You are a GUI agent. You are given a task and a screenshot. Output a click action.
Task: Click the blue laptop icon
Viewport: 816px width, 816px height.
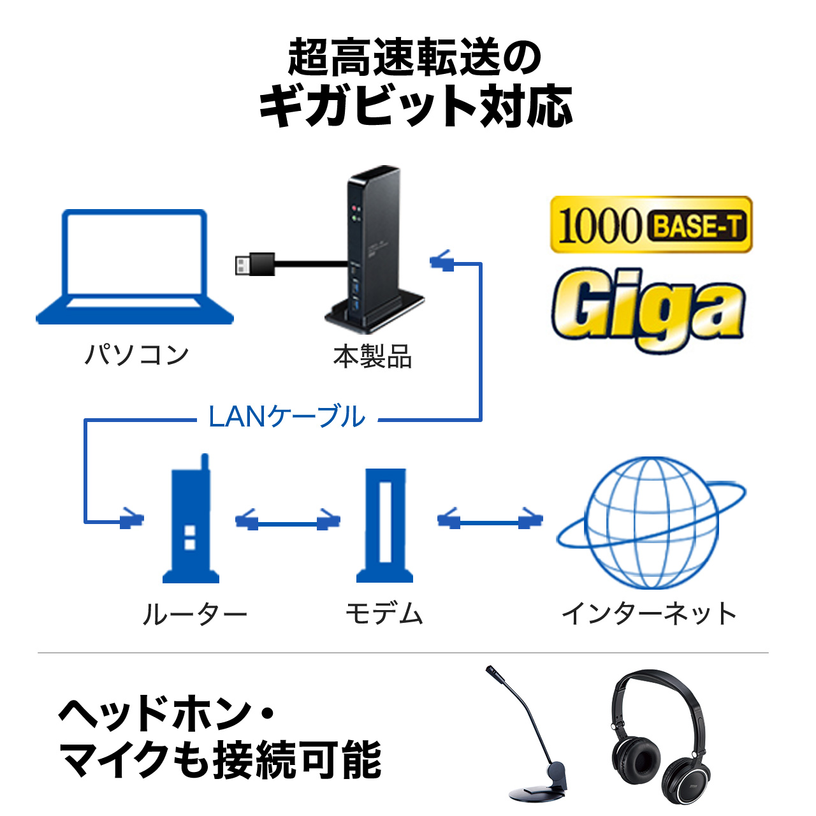click(135, 268)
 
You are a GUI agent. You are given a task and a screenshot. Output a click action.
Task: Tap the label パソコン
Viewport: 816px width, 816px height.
click(137, 354)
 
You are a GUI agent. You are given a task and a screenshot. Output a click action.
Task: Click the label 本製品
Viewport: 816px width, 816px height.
click(373, 356)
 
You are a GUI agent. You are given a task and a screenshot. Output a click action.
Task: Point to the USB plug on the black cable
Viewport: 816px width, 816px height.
click(254, 264)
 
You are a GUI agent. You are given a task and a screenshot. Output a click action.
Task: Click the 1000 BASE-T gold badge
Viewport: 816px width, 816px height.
click(651, 225)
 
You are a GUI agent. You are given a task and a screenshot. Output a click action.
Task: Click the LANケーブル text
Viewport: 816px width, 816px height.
click(287, 417)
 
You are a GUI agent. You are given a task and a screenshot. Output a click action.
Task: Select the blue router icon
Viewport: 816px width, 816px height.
click(191, 523)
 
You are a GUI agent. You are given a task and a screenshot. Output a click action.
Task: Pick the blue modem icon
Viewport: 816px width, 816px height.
click(384, 526)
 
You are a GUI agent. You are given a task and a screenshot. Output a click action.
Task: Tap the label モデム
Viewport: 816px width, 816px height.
click(384, 614)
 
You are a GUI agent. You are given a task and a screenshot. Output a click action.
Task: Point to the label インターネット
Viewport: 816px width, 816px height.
click(649, 614)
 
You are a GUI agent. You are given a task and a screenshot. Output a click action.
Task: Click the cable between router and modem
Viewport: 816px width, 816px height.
click(288, 523)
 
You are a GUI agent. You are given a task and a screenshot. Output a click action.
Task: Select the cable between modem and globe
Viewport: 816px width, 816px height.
click(490, 521)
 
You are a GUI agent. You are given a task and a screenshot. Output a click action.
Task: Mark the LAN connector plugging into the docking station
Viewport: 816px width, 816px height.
click(442, 261)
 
